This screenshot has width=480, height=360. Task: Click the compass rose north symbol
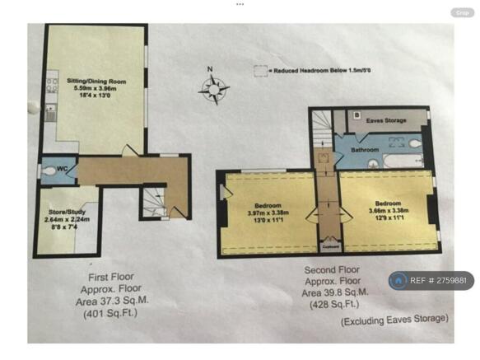(x=214, y=85)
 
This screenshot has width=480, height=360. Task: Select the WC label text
(x=61, y=170)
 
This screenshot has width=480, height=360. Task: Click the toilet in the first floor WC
(x=46, y=171)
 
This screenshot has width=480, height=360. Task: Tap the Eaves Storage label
(x=385, y=121)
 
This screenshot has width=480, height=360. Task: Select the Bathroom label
(x=364, y=150)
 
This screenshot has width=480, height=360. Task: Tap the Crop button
(x=462, y=12)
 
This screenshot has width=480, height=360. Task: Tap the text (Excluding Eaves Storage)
(x=395, y=318)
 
